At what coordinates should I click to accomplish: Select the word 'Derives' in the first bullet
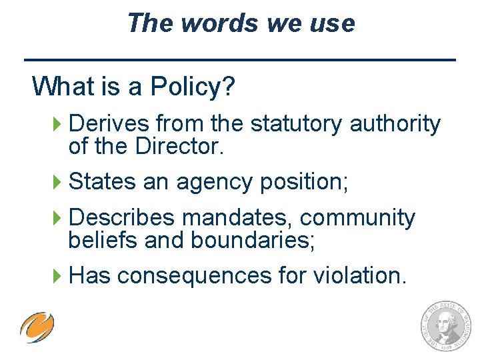click(x=109, y=124)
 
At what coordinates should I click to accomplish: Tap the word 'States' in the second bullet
click(x=103, y=181)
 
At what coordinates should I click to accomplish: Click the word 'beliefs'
click(x=103, y=240)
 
